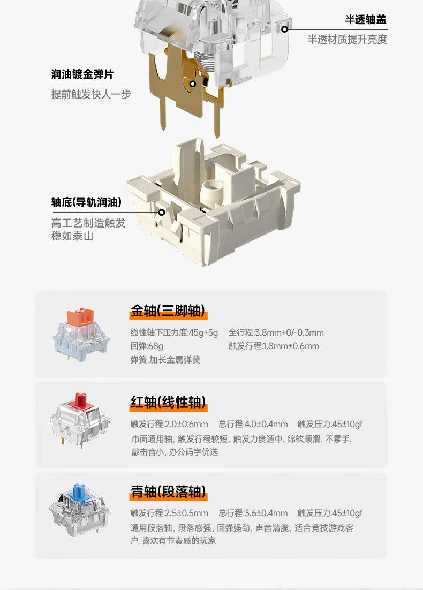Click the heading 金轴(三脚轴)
point(168,311)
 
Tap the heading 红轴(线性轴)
point(168,402)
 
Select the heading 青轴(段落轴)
point(168,491)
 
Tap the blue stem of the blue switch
point(79,490)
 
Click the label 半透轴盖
point(366,20)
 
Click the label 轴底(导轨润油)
point(86,202)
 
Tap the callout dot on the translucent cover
point(285,29)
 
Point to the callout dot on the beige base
point(161,212)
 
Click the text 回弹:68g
point(147,346)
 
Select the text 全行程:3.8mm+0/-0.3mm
point(276,333)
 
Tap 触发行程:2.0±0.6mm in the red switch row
point(169,425)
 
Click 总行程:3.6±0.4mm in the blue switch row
point(253,513)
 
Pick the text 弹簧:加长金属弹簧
point(165,360)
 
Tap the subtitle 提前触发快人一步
point(91,95)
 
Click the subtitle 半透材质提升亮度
point(347,40)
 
